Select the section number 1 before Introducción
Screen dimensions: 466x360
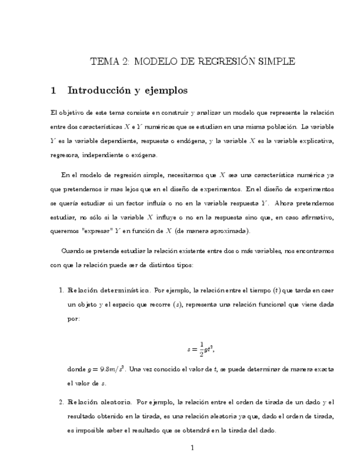tap(53, 90)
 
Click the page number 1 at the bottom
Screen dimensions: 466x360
tap(192, 448)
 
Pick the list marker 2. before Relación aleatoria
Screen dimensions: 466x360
tap(62, 403)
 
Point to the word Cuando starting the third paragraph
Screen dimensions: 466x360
tap(74, 251)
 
